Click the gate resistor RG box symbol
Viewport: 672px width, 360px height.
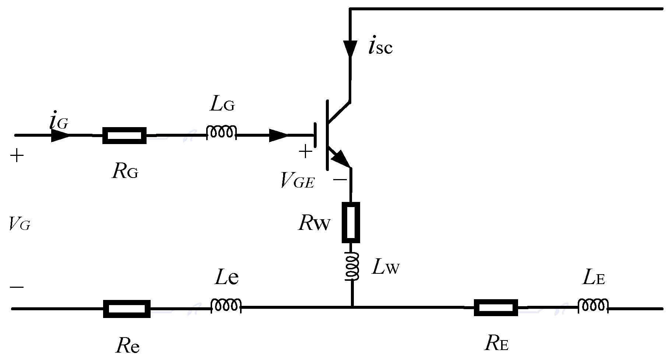tap(124, 135)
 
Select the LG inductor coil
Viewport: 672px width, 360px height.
tap(221, 132)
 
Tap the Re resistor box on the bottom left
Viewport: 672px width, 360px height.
tap(127, 309)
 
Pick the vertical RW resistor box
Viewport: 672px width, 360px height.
tap(351, 222)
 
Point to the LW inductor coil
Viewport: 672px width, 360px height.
tap(352, 266)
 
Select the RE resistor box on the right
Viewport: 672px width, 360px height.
tap(496, 308)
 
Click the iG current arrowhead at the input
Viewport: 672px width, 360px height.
tap(60, 135)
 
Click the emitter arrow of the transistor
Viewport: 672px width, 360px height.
tap(340, 158)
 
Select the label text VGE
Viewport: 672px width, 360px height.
tap(297, 181)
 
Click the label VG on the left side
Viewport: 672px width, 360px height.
tap(19, 224)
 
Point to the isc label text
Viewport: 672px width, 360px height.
tap(380, 47)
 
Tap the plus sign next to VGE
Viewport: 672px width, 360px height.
tap(305, 152)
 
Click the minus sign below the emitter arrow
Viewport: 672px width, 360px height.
tap(339, 179)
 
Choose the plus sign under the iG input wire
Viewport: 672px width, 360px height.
tap(17, 156)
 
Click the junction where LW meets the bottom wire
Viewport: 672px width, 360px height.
tap(352, 307)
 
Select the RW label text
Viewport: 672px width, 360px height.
tap(314, 223)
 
